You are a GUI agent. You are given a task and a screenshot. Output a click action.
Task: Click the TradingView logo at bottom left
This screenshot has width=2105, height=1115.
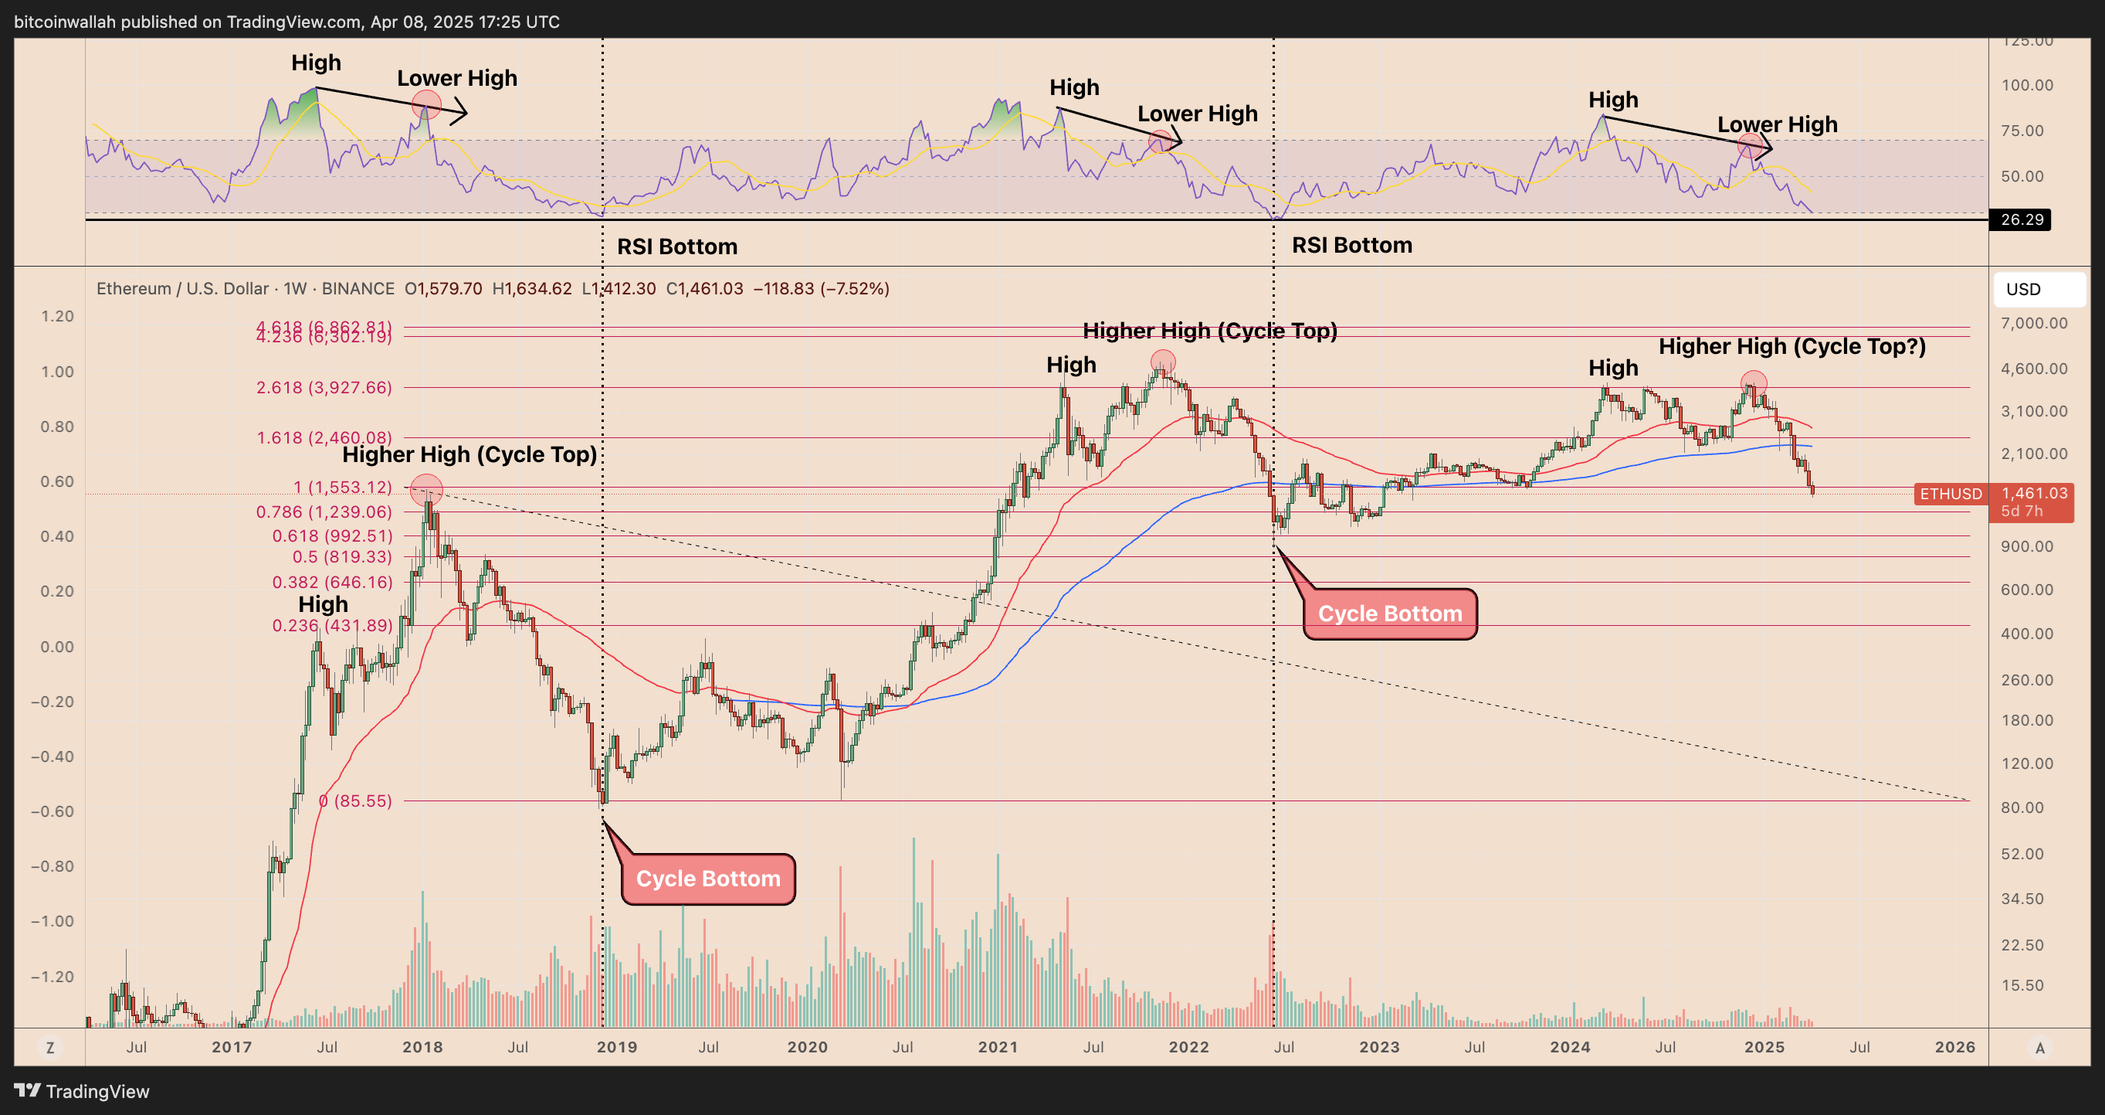click(82, 1091)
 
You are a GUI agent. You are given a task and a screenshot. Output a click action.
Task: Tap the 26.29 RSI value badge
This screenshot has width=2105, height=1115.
click(2021, 220)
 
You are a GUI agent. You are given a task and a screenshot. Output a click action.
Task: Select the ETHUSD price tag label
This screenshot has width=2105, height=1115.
click(1950, 494)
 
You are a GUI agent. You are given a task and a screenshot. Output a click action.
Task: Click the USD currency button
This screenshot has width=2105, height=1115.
click(2038, 290)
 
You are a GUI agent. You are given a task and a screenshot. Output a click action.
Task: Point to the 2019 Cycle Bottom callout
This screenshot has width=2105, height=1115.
click(707, 879)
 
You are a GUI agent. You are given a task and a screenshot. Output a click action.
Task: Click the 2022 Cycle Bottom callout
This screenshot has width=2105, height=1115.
click(1389, 614)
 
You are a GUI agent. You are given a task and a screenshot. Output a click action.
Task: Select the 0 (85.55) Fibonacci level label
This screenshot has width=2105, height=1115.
click(355, 801)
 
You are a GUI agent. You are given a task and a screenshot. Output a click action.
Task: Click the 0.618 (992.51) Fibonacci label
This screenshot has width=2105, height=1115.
click(332, 536)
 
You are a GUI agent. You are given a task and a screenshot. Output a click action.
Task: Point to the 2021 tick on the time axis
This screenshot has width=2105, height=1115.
click(998, 1047)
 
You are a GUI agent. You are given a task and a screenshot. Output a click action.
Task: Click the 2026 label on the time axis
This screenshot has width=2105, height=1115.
click(1954, 1047)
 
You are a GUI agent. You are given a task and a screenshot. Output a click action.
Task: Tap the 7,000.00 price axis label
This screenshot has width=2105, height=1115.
click(2034, 323)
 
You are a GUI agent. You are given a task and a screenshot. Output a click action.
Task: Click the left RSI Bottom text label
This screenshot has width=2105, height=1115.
click(676, 246)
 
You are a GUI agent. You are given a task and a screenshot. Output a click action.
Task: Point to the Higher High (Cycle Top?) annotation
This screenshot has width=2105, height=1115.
click(1791, 347)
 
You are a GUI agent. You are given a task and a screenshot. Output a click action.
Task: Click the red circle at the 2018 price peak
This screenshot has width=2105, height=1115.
click(425, 490)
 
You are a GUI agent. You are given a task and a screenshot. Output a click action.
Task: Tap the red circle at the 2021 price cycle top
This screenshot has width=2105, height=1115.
click(1163, 362)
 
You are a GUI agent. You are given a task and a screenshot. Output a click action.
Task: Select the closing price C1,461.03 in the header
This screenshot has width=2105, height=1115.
click(704, 288)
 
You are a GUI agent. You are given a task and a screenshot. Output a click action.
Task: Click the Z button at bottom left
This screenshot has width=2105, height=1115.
click(50, 1047)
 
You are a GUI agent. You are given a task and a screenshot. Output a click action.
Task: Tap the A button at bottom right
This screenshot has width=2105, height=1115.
click(2039, 1047)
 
